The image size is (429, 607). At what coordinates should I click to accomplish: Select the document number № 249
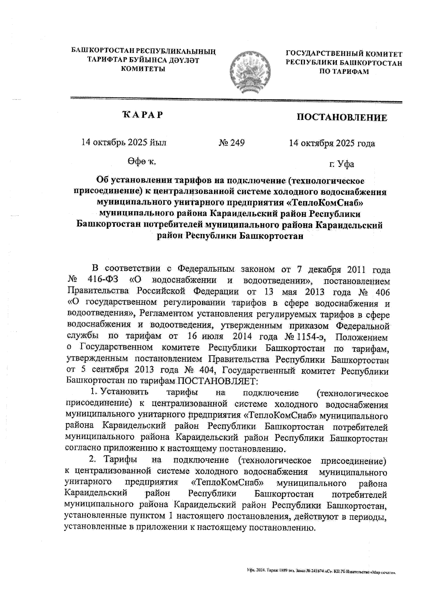[x=231, y=143]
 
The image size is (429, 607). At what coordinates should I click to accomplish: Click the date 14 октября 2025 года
[x=332, y=143]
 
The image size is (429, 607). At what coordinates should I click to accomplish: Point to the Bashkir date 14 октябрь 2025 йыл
[x=124, y=142]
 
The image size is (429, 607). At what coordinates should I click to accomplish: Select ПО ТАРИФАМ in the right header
[x=344, y=72]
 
